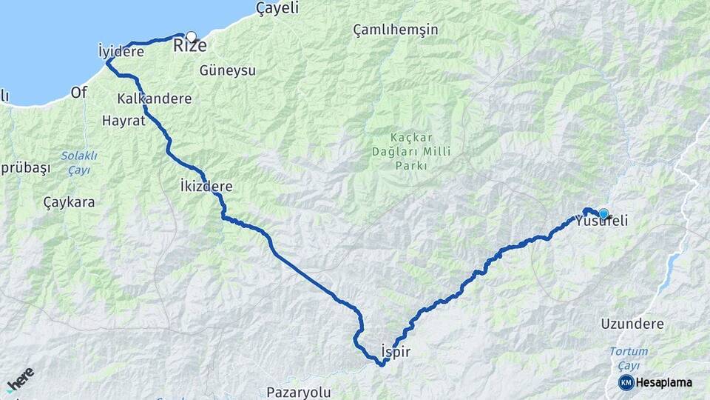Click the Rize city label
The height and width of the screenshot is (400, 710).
(x=189, y=47)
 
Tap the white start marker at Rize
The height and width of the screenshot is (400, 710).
(x=192, y=36)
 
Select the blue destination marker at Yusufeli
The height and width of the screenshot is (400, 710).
(x=603, y=214)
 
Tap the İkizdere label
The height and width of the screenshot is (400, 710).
(x=206, y=186)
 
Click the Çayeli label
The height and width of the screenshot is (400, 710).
(x=277, y=8)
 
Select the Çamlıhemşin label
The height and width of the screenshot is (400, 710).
(x=396, y=30)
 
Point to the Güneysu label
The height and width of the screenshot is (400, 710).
(x=227, y=70)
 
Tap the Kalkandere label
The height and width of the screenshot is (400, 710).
(x=154, y=99)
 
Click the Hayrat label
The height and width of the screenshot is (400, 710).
(x=124, y=120)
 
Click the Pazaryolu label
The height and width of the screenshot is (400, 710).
(x=299, y=392)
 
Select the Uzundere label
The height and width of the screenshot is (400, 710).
(x=632, y=324)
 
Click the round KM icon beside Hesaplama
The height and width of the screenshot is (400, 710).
(x=626, y=382)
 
